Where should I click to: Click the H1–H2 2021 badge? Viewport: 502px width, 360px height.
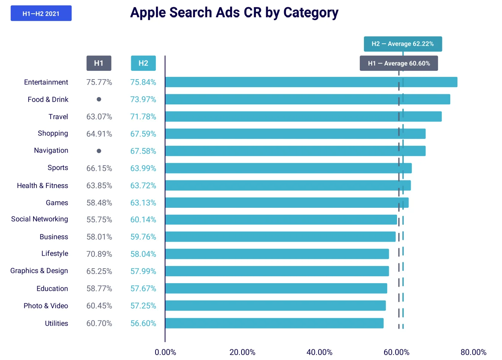click(41, 13)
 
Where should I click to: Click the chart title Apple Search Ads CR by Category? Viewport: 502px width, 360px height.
click(234, 13)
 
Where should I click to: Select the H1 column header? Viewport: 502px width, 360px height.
click(99, 63)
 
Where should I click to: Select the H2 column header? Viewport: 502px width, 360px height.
click(143, 63)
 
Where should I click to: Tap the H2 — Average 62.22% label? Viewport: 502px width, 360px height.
click(403, 44)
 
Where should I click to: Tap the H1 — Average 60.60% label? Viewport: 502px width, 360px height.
click(399, 63)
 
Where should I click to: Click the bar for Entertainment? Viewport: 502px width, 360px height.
click(311, 82)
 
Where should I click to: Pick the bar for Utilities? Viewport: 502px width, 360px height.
click(274, 323)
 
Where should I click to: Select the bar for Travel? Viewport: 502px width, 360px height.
click(303, 116)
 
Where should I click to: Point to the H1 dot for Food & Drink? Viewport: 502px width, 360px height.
click(99, 99)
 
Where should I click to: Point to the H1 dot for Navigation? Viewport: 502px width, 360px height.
click(99, 151)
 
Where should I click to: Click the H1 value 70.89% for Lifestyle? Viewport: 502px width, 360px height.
click(99, 254)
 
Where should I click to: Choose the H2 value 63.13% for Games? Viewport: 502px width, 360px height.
click(143, 203)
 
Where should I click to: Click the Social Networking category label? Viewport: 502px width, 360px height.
click(40, 219)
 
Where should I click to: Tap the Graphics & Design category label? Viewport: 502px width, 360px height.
click(39, 271)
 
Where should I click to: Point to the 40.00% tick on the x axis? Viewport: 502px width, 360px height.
click(319, 352)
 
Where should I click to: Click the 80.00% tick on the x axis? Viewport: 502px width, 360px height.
click(473, 352)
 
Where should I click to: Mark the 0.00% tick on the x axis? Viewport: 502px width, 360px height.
click(165, 352)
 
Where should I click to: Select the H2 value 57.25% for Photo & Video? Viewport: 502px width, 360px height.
click(143, 306)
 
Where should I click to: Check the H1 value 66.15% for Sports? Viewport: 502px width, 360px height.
click(99, 168)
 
